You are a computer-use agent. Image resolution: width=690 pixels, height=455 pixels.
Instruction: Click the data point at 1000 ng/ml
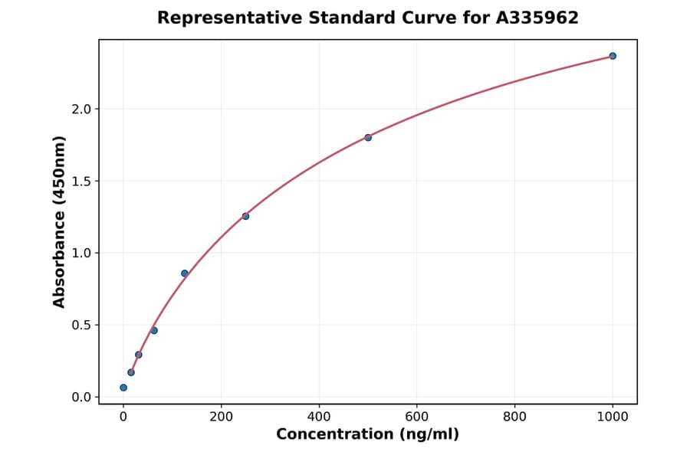[613, 56]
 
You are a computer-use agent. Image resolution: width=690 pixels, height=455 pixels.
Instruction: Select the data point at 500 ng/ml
[368, 138]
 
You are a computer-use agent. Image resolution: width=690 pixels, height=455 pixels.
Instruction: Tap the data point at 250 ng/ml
[245, 216]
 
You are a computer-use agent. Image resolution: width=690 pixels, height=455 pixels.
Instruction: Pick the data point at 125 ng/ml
[185, 273]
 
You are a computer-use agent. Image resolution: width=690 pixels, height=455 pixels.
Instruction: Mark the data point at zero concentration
[123, 388]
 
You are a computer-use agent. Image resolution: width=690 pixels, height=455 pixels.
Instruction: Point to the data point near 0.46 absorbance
[154, 330]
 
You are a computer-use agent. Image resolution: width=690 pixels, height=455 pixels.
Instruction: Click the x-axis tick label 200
[222, 417]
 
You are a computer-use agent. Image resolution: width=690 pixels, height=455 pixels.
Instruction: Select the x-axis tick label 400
[319, 417]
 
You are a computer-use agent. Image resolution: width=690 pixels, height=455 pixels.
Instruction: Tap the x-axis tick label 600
[417, 417]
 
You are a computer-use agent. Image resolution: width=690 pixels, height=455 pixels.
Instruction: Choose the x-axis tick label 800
[514, 417]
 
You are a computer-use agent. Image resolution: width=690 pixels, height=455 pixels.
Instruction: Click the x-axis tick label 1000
[613, 417]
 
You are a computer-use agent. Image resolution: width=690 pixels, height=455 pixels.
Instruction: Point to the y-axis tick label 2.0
[81, 110]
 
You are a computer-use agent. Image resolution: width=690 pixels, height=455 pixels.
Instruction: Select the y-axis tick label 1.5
[81, 182]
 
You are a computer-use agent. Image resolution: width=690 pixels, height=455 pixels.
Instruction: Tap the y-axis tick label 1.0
[81, 254]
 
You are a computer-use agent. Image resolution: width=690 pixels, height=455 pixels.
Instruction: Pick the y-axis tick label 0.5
[81, 326]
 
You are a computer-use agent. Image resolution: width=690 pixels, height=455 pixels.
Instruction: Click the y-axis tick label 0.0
[81, 398]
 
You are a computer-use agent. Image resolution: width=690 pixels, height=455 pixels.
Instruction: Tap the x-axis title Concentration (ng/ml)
[368, 435]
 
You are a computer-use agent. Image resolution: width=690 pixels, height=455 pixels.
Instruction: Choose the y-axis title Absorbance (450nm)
[60, 221]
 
